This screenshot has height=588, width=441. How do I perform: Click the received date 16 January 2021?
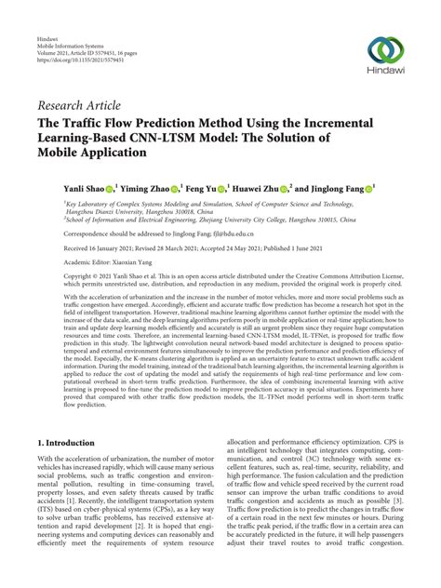click(x=108, y=248)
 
